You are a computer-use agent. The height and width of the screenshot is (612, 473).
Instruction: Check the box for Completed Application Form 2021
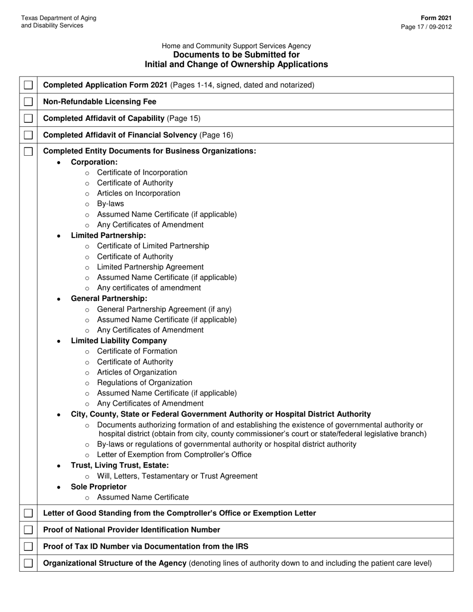pyautogui.click(x=28, y=85)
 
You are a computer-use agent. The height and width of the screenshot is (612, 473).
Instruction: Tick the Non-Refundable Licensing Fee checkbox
pyautogui.click(x=28, y=102)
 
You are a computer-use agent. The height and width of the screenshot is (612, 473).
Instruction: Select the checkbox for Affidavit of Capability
pyautogui.click(x=28, y=118)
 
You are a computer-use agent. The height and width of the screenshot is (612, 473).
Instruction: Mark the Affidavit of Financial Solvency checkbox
pyautogui.click(x=28, y=135)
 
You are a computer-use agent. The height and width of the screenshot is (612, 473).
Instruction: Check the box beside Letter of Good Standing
pyautogui.click(x=28, y=513)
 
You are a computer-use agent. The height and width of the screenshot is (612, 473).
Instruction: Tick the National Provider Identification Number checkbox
pyautogui.click(x=28, y=530)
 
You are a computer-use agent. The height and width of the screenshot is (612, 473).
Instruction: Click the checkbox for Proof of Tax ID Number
pyautogui.click(x=28, y=546)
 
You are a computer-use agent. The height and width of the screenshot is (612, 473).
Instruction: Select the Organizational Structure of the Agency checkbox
pyautogui.click(x=28, y=563)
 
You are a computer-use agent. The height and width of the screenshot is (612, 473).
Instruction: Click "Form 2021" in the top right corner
pyautogui.click(x=439, y=18)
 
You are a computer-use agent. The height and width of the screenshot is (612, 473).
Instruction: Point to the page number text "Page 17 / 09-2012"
pyautogui.click(x=426, y=27)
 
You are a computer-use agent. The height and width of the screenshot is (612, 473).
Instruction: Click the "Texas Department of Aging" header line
pyautogui.click(x=59, y=18)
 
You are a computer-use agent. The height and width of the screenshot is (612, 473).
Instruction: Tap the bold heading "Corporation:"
pyautogui.click(x=94, y=162)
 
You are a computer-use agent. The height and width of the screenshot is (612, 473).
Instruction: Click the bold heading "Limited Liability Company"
pyautogui.click(x=119, y=341)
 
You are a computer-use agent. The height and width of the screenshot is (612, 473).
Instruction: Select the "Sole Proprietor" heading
pyautogui.click(x=99, y=487)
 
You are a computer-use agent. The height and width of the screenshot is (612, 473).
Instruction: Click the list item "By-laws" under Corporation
pyautogui.click(x=111, y=204)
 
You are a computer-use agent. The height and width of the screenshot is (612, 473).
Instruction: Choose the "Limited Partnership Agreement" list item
pyautogui.click(x=150, y=267)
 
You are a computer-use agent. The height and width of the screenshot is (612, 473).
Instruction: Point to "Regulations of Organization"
pyautogui.click(x=144, y=383)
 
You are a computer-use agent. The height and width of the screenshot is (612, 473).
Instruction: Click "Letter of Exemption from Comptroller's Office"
pyautogui.click(x=174, y=455)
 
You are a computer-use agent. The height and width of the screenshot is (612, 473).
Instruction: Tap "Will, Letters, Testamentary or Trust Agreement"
pyautogui.click(x=177, y=476)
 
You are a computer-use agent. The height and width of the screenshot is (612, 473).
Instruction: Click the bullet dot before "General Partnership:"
pyautogui.click(x=59, y=299)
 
